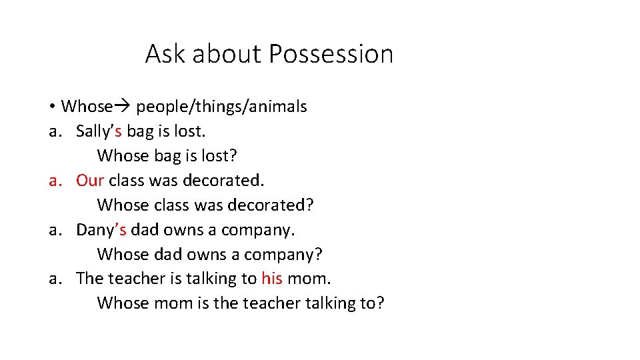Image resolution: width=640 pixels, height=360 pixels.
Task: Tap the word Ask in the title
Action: [165, 54]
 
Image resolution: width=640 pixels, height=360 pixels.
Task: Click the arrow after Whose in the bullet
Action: [124, 107]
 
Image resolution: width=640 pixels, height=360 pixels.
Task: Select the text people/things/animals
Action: [221, 107]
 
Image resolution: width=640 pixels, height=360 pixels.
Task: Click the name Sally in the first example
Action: [93, 131]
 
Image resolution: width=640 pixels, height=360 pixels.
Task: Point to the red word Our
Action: [90, 181]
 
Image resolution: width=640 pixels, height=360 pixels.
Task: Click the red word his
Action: [272, 279]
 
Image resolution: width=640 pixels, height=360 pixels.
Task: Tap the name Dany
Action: [94, 230]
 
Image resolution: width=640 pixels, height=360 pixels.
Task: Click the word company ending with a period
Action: [258, 230]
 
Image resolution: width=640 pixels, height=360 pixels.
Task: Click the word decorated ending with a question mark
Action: [270, 205]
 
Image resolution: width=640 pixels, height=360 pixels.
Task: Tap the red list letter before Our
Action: [56, 181]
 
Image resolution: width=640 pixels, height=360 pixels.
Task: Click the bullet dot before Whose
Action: [51, 107]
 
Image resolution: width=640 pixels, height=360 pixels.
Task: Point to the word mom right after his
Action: [309, 279]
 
